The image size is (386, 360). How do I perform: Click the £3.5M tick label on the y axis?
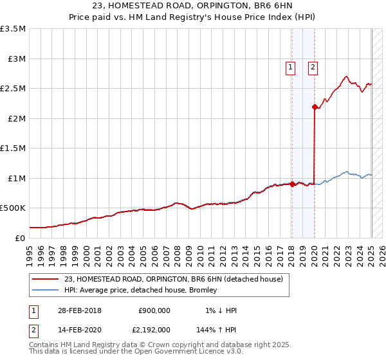(14, 29)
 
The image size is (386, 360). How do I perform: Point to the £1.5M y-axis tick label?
(14, 148)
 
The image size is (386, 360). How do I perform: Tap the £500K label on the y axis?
(13, 208)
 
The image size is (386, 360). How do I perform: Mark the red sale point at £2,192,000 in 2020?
(315, 107)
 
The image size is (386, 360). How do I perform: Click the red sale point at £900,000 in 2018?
(292, 184)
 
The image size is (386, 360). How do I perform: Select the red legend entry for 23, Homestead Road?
(173, 279)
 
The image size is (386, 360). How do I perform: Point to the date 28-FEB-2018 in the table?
(78, 310)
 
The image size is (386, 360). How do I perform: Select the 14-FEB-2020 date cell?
(78, 329)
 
